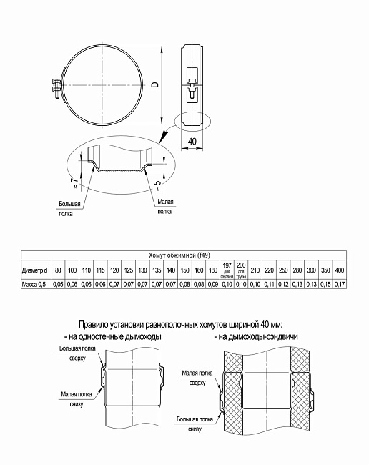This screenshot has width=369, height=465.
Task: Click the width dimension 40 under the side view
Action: pos(192,142)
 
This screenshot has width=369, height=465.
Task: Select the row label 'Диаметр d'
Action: pos(35,270)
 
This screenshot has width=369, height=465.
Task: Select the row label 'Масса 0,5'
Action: pos(34,284)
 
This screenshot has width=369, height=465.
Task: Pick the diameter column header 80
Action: pos(59,270)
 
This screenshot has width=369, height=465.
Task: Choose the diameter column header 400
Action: pos(339,270)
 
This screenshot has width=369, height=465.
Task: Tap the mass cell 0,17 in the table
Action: pos(339,284)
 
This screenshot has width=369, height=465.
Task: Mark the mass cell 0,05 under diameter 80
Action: pos(59,284)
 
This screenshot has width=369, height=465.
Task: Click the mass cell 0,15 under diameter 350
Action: pos(325,284)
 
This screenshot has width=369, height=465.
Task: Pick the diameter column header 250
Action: pos(283,270)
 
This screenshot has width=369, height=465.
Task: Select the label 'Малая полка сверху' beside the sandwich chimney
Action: pos(198,378)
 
